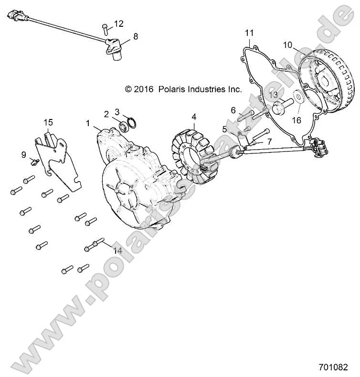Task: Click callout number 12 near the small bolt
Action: pos(119,23)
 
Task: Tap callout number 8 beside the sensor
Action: pos(136,36)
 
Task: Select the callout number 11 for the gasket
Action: pos(249,32)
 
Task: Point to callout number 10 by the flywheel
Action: pos(287,45)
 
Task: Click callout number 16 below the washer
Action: pos(296,120)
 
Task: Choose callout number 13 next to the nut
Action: pos(273,95)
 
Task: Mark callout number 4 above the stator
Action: pos(193,117)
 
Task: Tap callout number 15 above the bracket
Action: pos(49,123)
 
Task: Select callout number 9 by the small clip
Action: pos(23,154)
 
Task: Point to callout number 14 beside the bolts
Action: pos(117,250)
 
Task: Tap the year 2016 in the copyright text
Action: pos(144,89)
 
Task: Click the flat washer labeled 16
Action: pos(297,99)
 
